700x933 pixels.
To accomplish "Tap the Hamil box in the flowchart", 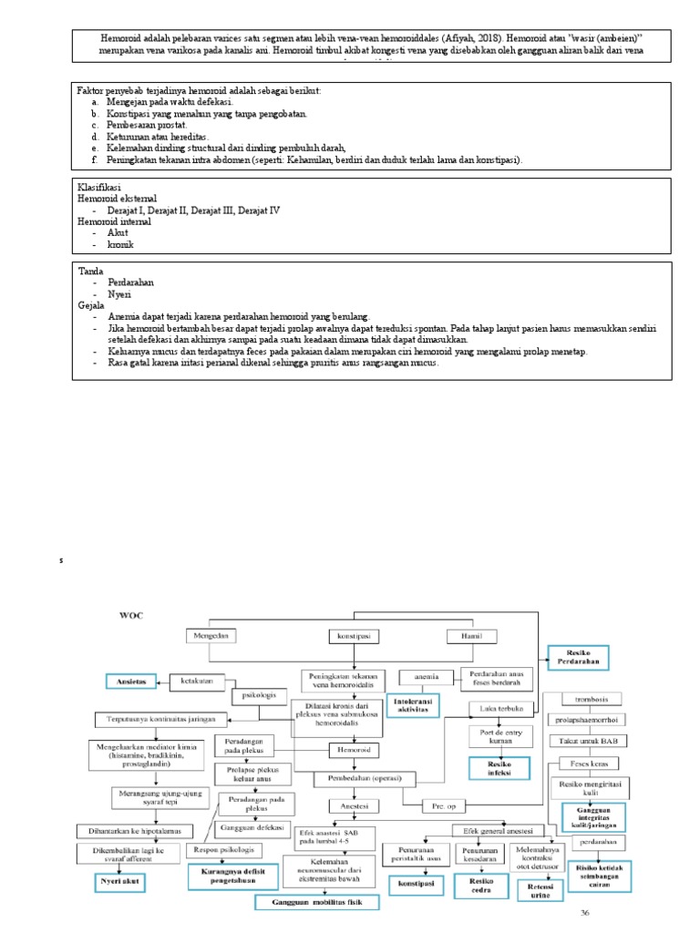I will coord(471,635).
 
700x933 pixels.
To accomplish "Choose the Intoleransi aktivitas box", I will coord(408,707).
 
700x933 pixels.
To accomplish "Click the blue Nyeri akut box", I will coord(121,883).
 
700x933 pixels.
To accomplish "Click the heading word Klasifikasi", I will coord(99,187).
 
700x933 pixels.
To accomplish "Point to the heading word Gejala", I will coord(91,306).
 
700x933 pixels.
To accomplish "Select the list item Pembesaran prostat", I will coord(147,125).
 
